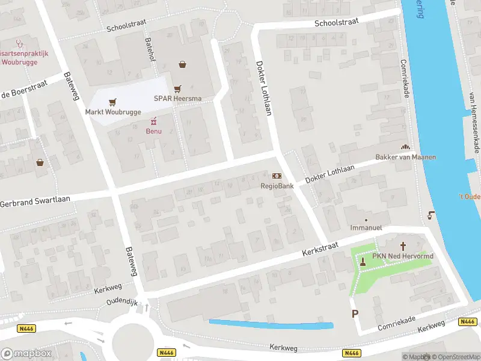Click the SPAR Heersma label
[x=177, y=99]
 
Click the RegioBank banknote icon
[x=277, y=176]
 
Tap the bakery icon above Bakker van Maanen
[x=405, y=147]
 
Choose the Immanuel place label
[x=366, y=228]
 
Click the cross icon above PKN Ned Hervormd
[x=403, y=246]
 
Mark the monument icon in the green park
[x=362, y=262]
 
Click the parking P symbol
[x=355, y=313]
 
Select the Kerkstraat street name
[x=322, y=247]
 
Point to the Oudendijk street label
[x=123, y=301]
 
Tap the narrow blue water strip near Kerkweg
[x=271, y=325]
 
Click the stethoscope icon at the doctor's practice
[x=20, y=43]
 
